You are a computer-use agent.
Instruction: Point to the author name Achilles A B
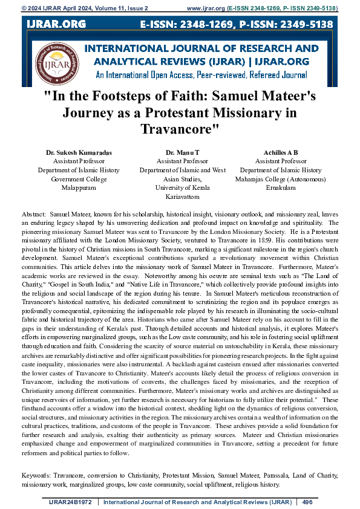tap(280, 154)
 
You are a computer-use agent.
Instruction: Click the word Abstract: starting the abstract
tap(33, 215)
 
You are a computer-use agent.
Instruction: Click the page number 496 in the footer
tap(307, 501)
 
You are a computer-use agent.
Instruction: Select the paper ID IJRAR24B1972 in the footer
tap(71, 501)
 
